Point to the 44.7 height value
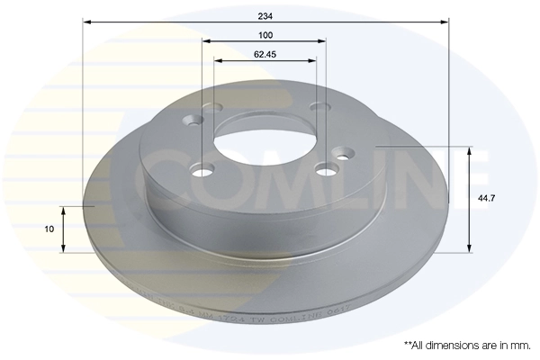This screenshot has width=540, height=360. (483, 198)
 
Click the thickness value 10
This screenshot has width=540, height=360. (49, 229)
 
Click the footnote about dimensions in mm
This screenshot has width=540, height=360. (466, 345)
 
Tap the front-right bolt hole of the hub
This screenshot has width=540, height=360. (325, 167)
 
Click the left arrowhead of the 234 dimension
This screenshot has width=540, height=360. (86, 21)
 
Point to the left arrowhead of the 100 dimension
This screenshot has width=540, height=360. (207, 41)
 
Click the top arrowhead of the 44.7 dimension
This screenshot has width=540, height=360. (468, 148)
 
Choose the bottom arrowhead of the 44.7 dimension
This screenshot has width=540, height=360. (468, 248)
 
